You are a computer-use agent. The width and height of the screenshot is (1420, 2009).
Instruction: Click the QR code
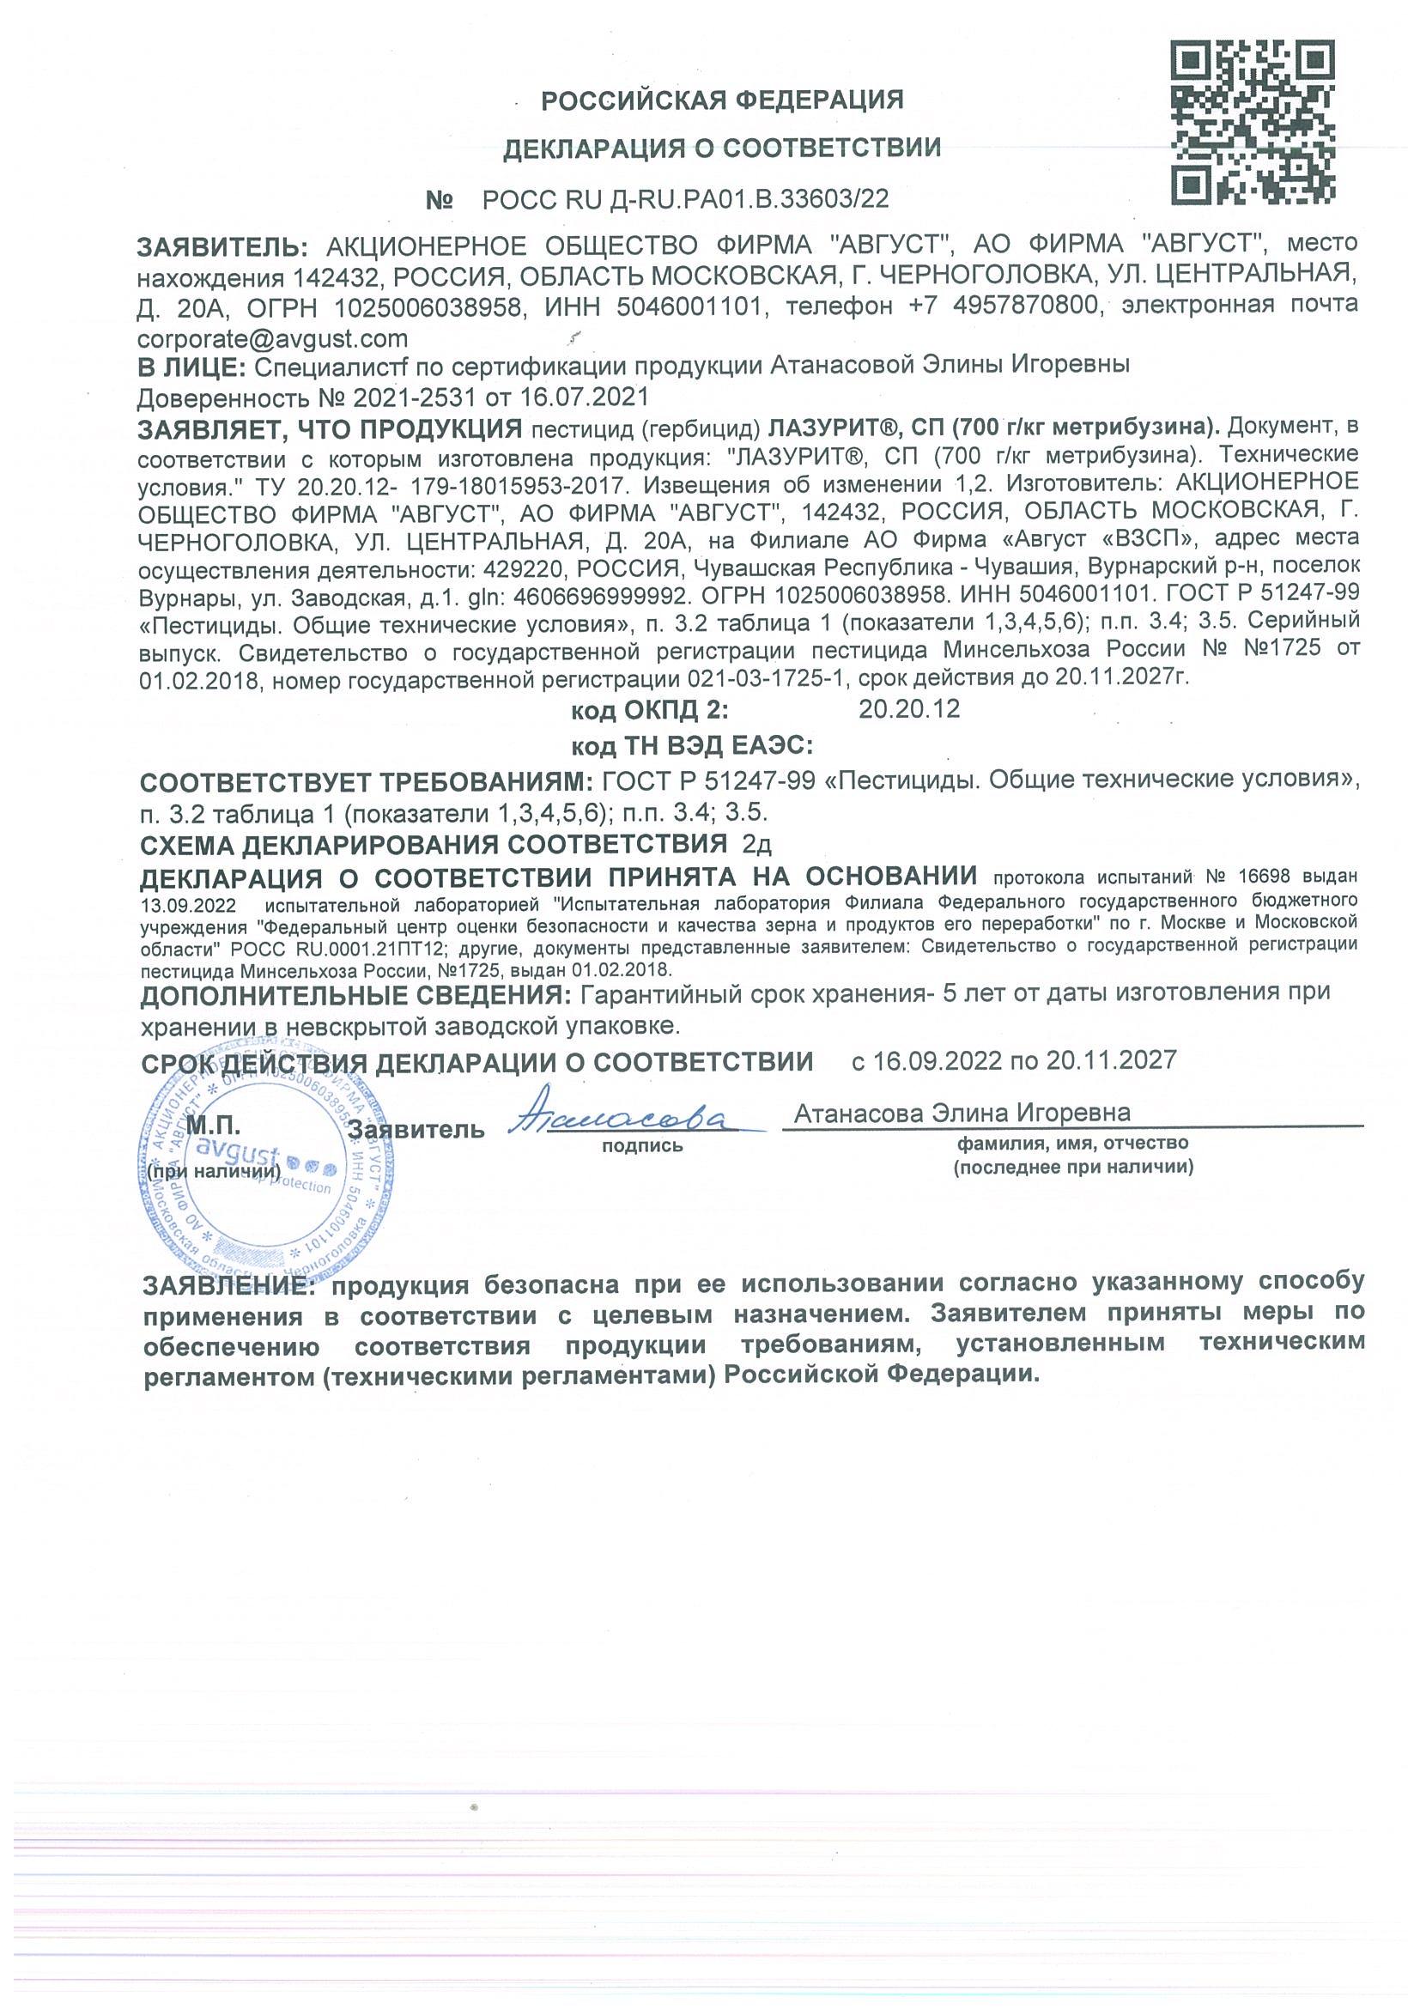[1253, 124]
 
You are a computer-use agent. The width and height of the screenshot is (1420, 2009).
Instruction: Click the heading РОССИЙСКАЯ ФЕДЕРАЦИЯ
[722, 100]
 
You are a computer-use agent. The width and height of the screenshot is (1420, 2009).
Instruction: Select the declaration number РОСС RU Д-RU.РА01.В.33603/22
[685, 199]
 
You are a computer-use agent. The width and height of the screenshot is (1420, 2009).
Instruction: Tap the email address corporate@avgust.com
[272, 337]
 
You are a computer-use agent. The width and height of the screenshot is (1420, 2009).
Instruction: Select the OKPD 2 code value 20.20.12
[909, 708]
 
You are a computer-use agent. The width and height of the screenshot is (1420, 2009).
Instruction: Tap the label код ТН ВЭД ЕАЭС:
[692, 745]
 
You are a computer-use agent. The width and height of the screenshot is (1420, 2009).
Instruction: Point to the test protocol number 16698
[1265, 876]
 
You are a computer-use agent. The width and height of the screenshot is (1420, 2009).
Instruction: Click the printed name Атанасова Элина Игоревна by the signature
[962, 1112]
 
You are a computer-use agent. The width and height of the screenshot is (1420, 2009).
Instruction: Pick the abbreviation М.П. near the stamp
[214, 1126]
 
